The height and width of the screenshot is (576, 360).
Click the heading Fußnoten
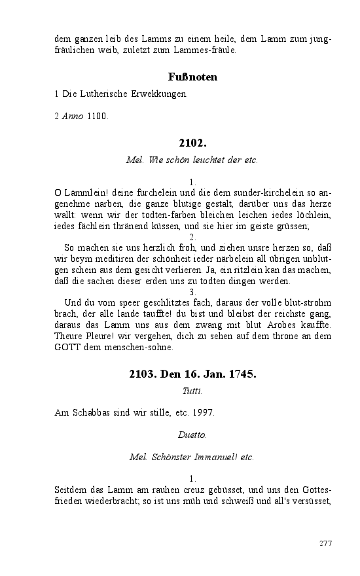click(x=192, y=77)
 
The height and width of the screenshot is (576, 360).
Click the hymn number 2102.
click(x=192, y=142)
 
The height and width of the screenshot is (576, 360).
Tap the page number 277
click(x=326, y=543)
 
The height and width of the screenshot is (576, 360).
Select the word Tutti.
click(x=192, y=391)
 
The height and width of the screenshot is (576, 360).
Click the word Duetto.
click(x=192, y=435)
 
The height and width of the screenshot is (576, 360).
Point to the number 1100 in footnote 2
click(x=98, y=117)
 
